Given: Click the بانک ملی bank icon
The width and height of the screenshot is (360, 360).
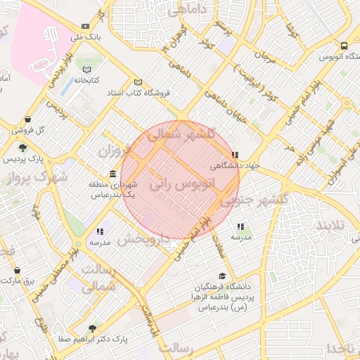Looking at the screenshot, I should (x=86, y=25).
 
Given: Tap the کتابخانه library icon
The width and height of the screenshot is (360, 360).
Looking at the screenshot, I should (x=86, y=70).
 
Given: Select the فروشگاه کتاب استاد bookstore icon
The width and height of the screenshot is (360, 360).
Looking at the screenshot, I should (x=138, y=82).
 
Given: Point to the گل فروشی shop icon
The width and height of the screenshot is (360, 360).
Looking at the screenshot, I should (x=27, y=120).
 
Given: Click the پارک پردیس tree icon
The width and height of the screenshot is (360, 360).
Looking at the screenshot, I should (x=23, y=148).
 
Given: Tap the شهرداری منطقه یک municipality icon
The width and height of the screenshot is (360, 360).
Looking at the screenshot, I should (x=112, y=174).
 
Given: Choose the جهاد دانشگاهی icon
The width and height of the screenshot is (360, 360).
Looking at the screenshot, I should (x=235, y=155).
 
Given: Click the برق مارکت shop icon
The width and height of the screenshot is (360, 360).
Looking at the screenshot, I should (x=18, y=270).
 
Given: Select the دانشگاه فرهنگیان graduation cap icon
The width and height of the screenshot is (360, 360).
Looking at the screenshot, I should (x=223, y=276).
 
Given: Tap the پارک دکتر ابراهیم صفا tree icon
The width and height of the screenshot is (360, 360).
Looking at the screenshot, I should (x=92, y=328).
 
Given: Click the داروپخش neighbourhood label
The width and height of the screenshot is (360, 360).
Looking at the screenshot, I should (x=145, y=238).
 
